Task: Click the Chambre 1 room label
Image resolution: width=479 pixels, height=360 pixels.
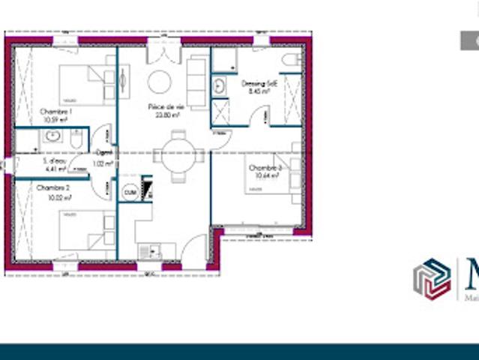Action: pos(52,111)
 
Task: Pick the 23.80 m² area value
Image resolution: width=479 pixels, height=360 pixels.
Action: pos(167,116)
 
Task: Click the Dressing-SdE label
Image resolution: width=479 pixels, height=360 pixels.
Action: pos(259,85)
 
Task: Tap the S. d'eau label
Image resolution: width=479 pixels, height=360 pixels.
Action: pos(54,161)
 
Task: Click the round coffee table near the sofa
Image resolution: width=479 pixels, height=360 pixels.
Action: pos(159,81)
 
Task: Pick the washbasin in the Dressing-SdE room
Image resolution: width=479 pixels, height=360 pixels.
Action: pos(220,85)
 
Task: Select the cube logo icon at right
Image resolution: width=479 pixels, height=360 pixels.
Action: pos(432,279)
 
